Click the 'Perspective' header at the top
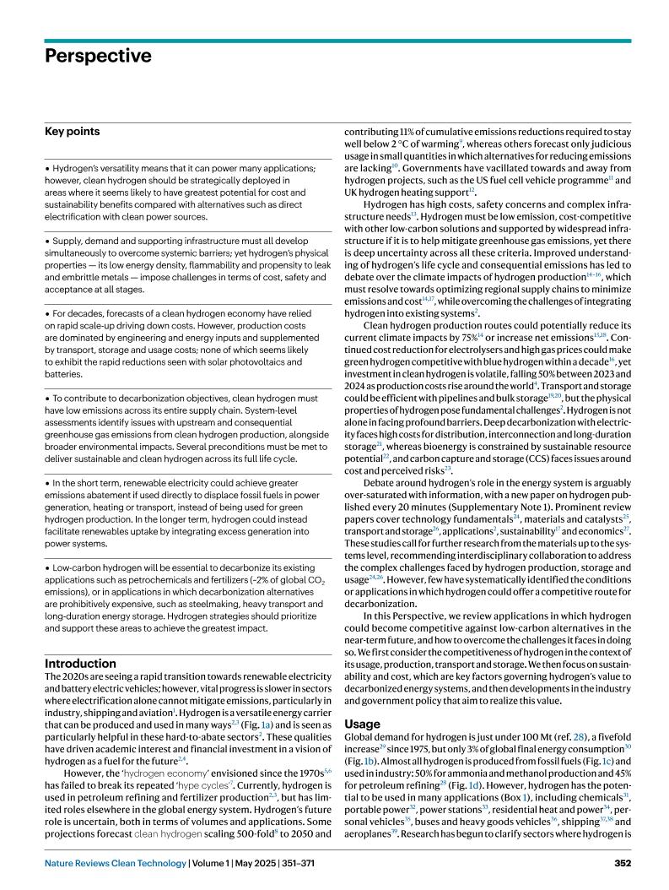(98, 57)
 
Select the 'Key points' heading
(72, 132)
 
